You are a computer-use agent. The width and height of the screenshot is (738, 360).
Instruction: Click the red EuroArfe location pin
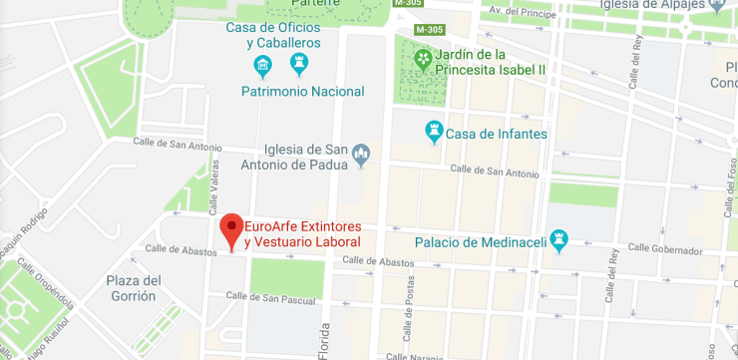coord(231,228)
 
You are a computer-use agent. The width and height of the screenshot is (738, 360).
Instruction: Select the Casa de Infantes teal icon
coord(434,132)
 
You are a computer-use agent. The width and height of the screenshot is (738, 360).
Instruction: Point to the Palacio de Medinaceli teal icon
coord(558,241)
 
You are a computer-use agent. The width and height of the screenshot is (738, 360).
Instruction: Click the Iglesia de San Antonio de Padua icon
coord(361,154)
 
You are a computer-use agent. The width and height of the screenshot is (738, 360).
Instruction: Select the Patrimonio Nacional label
coord(302,91)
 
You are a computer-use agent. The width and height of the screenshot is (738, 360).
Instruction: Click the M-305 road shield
coord(406,3)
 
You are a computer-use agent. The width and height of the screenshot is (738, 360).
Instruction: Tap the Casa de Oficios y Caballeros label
coord(273,35)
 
